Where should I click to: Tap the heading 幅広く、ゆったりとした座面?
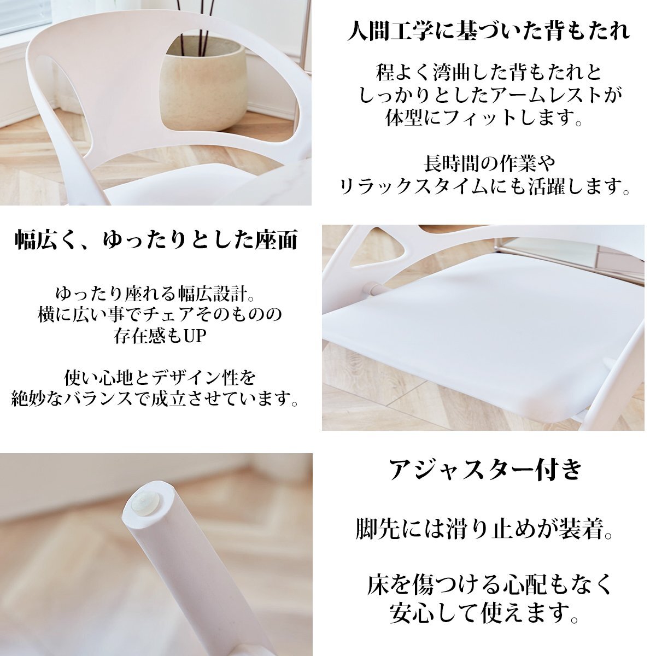(156, 240)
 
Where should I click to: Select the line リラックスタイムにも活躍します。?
(484, 187)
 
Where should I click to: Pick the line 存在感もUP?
(160, 336)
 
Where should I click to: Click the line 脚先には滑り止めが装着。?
(484, 529)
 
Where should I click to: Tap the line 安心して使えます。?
(484, 613)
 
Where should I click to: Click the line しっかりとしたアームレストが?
(490, 95)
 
